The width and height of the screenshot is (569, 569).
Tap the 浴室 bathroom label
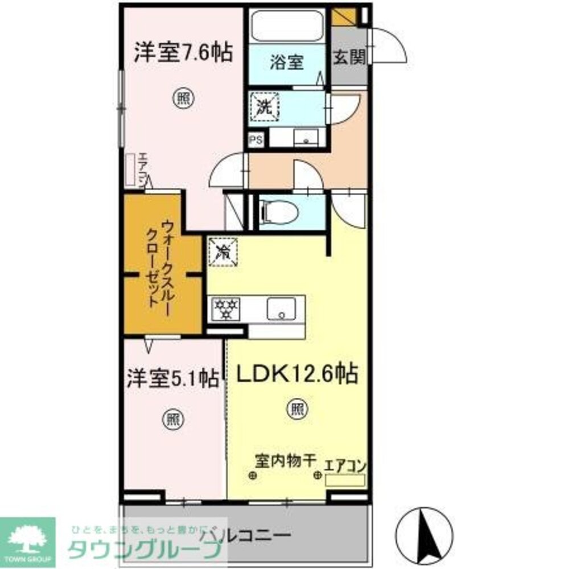pyautogui.click(x=288, y=62)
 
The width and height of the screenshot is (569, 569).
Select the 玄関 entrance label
pyautogui.click(x=349, y=57)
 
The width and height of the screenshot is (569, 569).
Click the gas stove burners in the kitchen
pyautogui.click(x=226, y=309)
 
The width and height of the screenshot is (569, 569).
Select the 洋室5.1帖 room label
pyautogui.click(x=172, y=379)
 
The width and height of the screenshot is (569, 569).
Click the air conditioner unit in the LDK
pyautogui.click(x=345, y=480)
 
